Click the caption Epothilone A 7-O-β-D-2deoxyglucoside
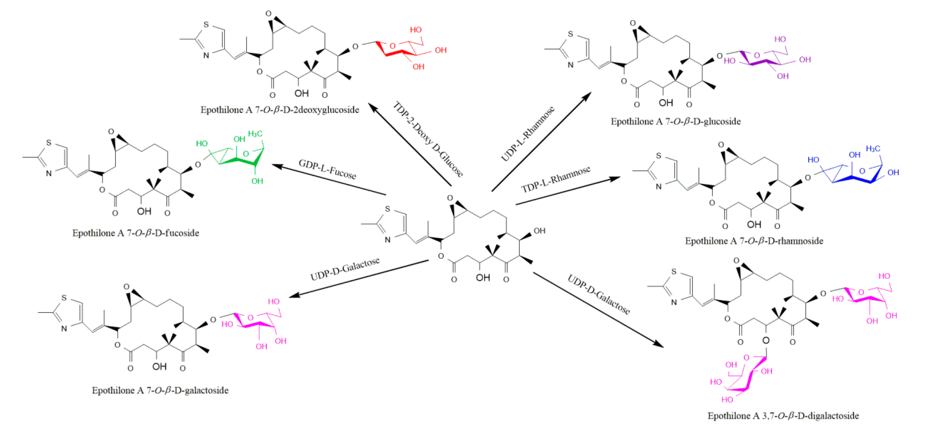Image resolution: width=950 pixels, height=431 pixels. [279, 110]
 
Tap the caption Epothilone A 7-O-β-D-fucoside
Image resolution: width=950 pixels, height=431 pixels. [135, 233]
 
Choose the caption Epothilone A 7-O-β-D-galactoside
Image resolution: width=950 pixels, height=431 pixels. [160, 391]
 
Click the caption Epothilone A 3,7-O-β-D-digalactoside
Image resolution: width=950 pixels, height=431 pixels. [783, 416]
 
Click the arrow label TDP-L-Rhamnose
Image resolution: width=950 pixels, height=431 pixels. [555, 179]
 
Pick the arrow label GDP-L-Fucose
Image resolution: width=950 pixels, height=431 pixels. [327, 169]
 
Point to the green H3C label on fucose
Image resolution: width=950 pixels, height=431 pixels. [255, 133]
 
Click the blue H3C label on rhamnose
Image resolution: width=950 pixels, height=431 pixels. [873, 149]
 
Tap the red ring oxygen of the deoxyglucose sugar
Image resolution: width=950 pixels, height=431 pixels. [393, 46]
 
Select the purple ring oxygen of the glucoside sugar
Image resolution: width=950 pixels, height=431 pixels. [757, 56]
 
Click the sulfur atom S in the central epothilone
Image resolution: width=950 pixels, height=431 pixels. [387, 209]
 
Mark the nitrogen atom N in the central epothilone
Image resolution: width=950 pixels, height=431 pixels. [387, 240]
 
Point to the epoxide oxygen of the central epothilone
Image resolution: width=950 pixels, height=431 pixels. [450, 198]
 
